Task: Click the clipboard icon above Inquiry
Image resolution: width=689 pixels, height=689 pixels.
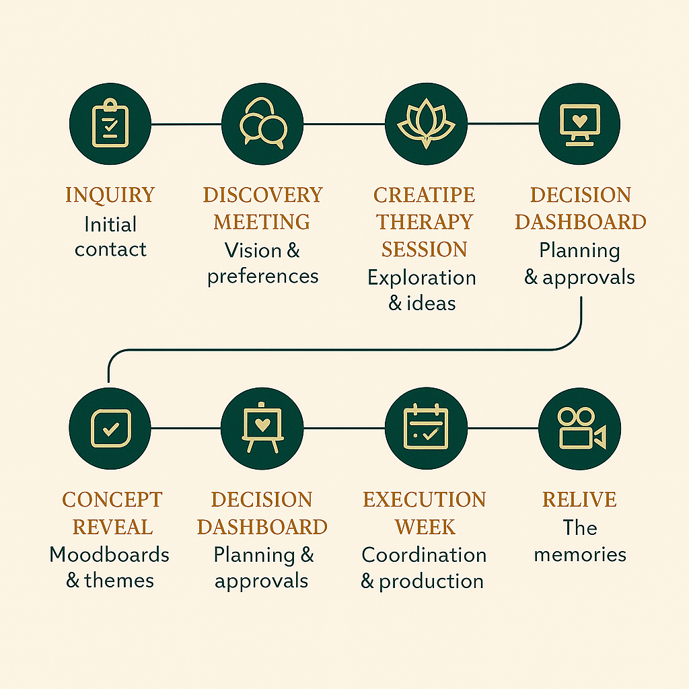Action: pos(110,124)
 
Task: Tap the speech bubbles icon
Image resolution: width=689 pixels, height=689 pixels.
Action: pos(262,124)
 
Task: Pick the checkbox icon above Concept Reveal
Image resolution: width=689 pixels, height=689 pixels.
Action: pos(110,428)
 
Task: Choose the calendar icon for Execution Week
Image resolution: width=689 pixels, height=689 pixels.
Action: pos(425,428)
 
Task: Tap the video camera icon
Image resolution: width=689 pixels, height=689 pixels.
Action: pos(579,428)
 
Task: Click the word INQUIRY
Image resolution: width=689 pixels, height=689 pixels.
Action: pos(110,195)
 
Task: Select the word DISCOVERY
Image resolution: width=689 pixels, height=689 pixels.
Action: pos(262,195)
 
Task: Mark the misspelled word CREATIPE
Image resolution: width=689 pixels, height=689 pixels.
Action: pos(424,195)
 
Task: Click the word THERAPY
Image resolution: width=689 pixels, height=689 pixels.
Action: pos(424,222)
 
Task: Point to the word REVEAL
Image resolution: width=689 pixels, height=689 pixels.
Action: pos(112,527)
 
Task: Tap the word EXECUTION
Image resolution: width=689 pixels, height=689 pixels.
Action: pos(424,500)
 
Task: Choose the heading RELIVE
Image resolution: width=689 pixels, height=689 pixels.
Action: pos(579,500)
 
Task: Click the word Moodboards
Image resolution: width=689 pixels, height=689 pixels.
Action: pos(109,554)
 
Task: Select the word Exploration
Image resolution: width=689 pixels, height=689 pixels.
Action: pos(422,277)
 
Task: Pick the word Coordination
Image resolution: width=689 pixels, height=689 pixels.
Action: pos(424,554)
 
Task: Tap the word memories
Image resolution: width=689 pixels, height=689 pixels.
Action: pos(579,554)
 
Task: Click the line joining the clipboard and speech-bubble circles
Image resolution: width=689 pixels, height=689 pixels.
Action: pos(186,124)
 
